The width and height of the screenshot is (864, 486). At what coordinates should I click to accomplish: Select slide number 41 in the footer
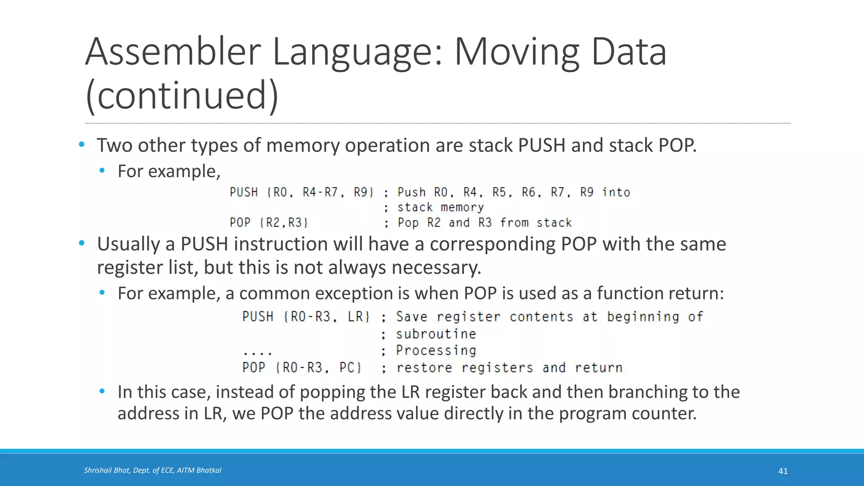[783, 471]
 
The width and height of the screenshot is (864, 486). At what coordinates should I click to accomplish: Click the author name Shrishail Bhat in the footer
[107, 470]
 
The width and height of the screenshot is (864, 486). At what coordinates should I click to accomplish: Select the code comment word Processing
[436, 351]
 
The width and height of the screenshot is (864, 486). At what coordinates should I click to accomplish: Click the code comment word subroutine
[436, 334]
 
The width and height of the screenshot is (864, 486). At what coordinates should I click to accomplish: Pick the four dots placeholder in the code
[258, 352]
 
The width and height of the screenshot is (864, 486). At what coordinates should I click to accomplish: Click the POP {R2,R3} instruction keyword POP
[240, 222]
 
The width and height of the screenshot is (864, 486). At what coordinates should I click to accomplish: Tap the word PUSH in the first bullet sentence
[541, 146]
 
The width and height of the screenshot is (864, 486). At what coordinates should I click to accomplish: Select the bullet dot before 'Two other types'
[81, 145]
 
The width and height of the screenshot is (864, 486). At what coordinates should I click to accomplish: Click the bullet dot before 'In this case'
[102, 391]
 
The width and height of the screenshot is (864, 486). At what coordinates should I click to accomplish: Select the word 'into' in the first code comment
[616, 192]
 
